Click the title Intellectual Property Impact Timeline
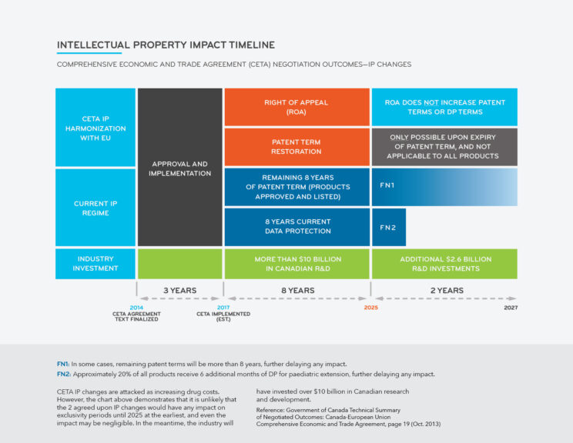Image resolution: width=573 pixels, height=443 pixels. pyautogui.click(x=166, y=45)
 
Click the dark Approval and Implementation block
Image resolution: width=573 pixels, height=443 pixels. pyautogui.click(x=179, y=168)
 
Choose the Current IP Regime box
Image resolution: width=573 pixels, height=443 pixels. pyautogui.click(x=95, y=208)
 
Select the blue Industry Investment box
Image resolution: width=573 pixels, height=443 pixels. pyautogui.click(x=95, y=264)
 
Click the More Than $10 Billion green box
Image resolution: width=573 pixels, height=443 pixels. pyautogui.click(x=297, y=264)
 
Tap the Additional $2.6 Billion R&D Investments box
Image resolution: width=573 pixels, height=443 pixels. pyautogui.click(x=444, y=264)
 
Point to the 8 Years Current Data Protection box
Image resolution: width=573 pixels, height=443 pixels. pyautogui.click(x=297, y=226)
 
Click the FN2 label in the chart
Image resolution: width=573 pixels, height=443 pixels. pyautogui.click(x=387, y=228)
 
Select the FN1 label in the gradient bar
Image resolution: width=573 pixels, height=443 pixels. pyautogui.click(x=387, y=186)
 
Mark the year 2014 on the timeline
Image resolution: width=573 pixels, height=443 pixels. pyautogui.click(x=137, y=308)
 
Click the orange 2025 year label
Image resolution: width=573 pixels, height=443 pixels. pyautogui.click(x=371, y=308)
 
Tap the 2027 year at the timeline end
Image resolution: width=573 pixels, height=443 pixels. pyautogui.click(x=511, y=308)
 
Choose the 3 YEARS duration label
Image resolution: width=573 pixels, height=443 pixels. pyautogui.click(x=179, y=290)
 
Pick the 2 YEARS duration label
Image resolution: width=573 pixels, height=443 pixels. pyautogui.click(x=446, y=290)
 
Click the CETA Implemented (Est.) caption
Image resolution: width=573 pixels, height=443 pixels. pyautogui.click(x=223, y=316)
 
